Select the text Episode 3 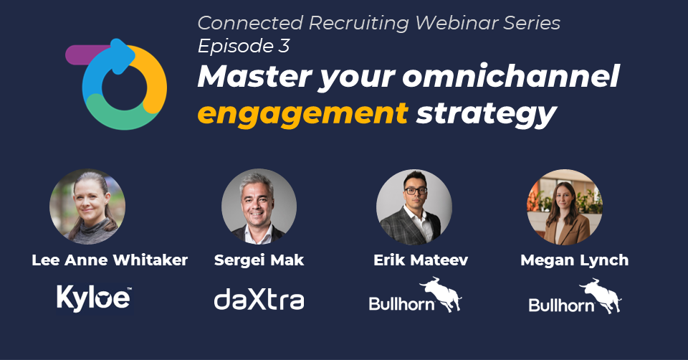pyautogui.click(x=244, y=46)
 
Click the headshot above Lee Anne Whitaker pyautogui.click(x=87, y=207)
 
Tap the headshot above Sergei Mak pyautogui.click(x=259, y=207)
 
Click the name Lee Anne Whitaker pyautogui.click(x=110, y=260)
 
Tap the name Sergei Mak pyautogui.click(x=259, y=260)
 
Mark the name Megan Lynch pyautogui.click(x=574, y=260)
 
